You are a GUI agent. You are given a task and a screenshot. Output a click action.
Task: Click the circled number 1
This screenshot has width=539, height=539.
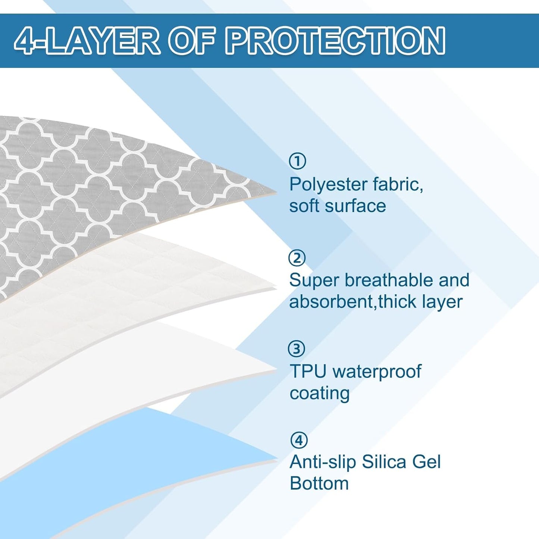tap(297, 161)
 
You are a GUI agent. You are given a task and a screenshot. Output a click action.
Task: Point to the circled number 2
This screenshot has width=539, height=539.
tap(297, 258)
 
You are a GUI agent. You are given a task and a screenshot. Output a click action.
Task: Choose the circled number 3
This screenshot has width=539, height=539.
tap(297, 349)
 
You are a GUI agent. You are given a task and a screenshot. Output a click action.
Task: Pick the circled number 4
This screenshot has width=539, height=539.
tap(299, 440)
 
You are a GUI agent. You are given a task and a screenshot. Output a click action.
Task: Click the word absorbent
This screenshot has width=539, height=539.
tap(331, 301)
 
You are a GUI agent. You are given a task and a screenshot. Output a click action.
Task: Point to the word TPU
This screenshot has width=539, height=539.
tap(308, 371)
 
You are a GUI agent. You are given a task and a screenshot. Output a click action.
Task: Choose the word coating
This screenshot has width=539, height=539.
tap(320, 393)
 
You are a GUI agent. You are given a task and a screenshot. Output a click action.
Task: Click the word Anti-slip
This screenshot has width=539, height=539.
tap(323, 462)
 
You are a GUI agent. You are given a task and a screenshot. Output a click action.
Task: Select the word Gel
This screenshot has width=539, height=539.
tap(426, 462)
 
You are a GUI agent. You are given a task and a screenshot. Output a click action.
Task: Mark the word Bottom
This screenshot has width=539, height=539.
tap(319, 483)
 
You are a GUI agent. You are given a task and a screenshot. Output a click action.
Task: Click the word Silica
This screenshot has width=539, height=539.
tap(384, 462)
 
